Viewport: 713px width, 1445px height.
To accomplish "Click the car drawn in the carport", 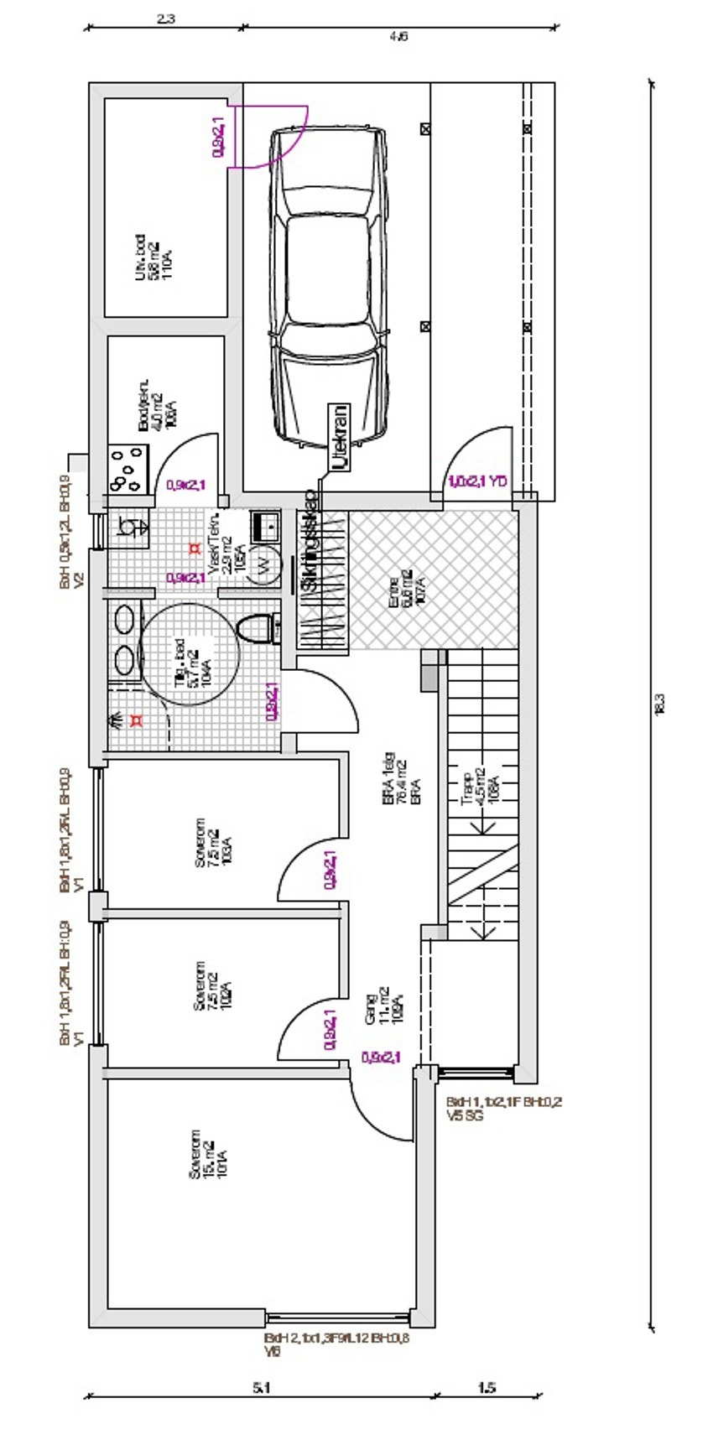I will pos(328,285).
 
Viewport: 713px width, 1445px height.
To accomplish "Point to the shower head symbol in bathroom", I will pos(115,719).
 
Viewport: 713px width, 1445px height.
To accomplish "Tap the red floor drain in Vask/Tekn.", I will pos(195,548).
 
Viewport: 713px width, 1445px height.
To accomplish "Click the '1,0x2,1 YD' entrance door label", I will pos(477,481).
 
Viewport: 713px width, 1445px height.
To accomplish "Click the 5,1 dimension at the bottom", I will pos(261,1388).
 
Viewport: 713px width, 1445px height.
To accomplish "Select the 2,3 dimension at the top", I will pos(165,18).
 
